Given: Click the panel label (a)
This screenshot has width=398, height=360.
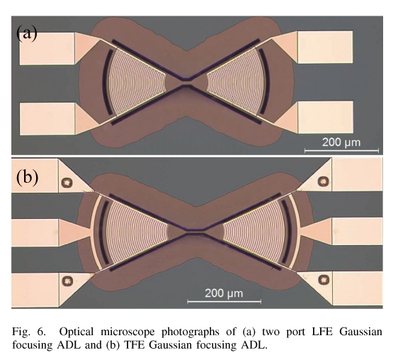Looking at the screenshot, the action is [x=27, y=33].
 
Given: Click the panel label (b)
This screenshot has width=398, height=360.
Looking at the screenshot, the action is [x=27, y=177].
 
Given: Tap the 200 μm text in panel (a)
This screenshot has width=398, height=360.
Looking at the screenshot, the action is [x=341, y=142].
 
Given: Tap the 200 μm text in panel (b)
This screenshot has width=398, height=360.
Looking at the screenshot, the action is [x=224, y=293].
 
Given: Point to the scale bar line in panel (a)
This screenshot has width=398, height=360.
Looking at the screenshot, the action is [x=341, y=151].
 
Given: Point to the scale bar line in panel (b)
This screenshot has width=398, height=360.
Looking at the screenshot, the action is [x=224, y=302].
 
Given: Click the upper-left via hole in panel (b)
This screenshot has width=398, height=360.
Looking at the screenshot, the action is [x=67, y=182].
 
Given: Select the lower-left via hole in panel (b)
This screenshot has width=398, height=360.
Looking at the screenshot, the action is [x=67, y=281].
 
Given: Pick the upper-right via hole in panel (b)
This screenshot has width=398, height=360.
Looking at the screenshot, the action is [x=324, y=181].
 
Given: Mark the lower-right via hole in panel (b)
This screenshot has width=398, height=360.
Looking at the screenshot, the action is [x=324, y=279].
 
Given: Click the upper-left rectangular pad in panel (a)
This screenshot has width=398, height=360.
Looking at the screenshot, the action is [x=47, y=48].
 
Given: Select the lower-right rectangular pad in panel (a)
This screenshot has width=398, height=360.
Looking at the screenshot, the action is [x=325, y=117].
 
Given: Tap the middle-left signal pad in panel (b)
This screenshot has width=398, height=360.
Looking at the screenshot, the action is [x=35, y=232].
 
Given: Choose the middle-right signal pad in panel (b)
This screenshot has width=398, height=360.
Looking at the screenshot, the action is [x=357, y=231].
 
